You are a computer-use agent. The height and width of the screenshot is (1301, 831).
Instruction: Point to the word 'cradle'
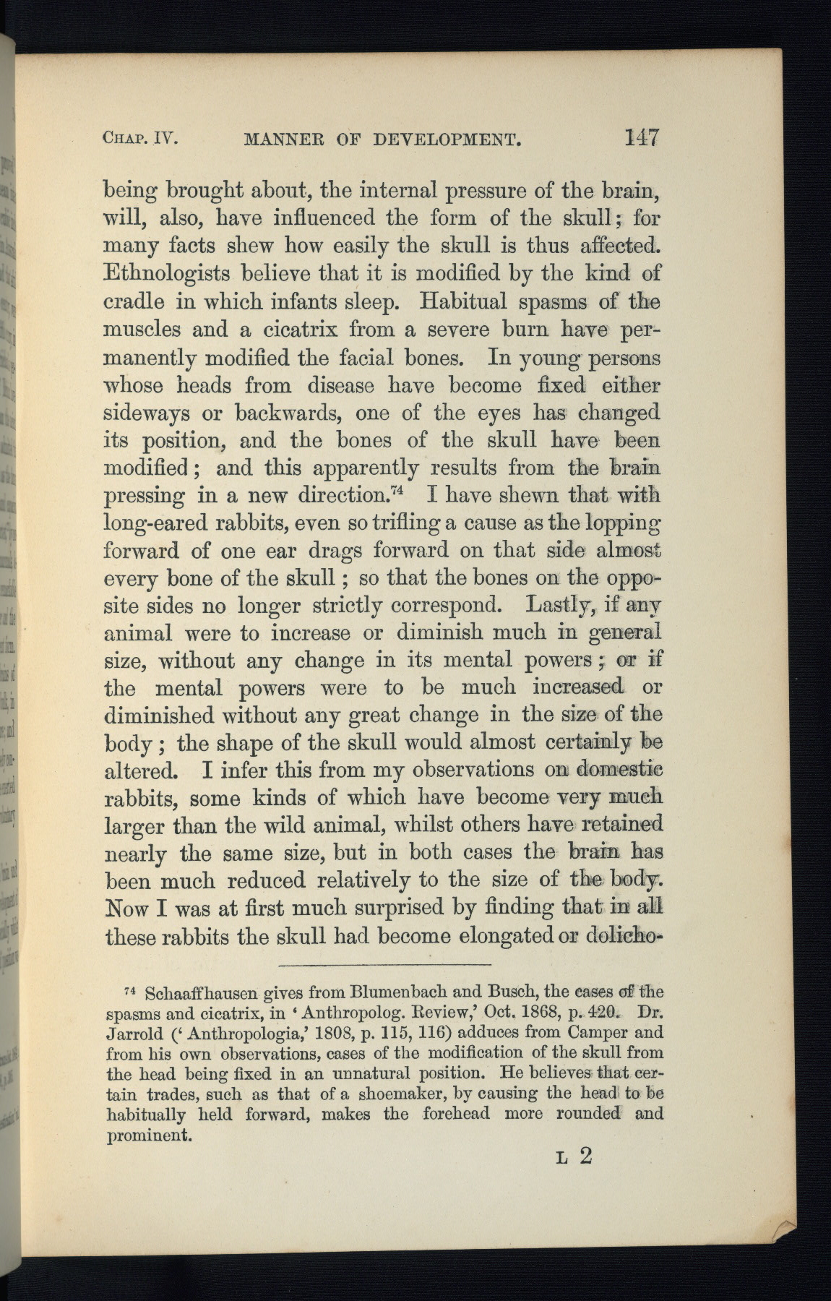(134, 302)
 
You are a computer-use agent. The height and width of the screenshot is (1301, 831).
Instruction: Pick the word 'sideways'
(147, 413)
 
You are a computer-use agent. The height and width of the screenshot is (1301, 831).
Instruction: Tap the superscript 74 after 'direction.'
(395, 492)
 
